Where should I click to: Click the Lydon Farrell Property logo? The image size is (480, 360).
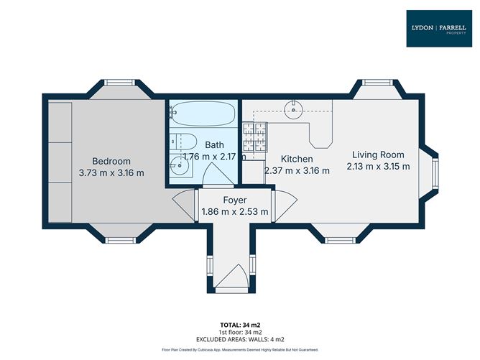pyautogui.click(x=439, y=28)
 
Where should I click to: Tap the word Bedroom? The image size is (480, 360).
pyautogui.click(x=111, y=160)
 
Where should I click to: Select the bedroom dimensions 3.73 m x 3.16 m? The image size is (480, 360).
pyautogui.click(x=111, y=172)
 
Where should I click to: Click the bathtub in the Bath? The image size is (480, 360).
pyautogui.click(x=204, y=114)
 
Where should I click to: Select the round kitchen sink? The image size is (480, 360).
pyautogui.click(x=293, y=110)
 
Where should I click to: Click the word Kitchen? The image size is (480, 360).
pyautogui.click(x=297, y=159)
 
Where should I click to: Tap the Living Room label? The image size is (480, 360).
pyautogui.click(x=377, y=154)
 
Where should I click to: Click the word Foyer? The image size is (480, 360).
pyautogui.click(x=235, y=200)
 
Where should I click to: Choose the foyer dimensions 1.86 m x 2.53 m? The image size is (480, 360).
pyautogui.click(x=235, y=212)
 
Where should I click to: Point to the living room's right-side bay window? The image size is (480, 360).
pyautogui.click(x=435, y=172)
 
